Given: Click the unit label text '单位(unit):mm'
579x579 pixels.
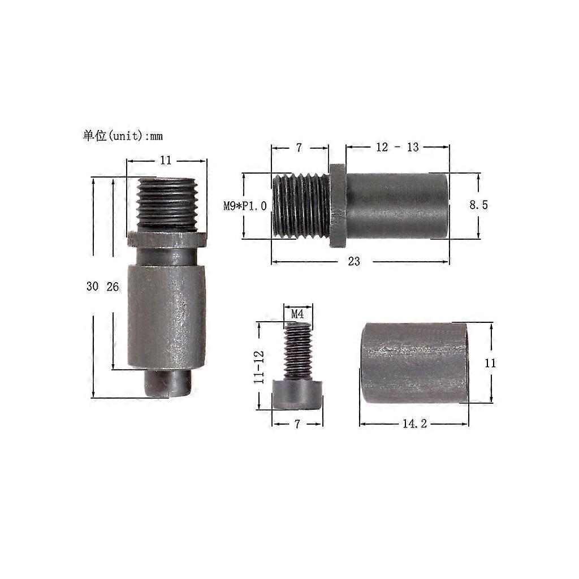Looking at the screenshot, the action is [x=123, y=136].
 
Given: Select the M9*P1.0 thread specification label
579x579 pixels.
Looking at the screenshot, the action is [x=245, y=206].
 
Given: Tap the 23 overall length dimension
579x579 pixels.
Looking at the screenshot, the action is [x=354, y=261].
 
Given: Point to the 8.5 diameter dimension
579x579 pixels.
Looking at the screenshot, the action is [x=478, y=205].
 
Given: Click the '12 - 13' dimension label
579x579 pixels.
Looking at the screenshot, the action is [x=397, y=148].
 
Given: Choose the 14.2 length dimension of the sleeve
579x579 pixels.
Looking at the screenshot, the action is [x=414, y=424].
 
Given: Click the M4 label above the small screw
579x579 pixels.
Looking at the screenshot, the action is [x=297, y=314].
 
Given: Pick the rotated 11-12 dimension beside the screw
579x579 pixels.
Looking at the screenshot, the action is [x=259, y=366].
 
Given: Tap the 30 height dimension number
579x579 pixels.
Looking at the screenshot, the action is [x=92, y=286].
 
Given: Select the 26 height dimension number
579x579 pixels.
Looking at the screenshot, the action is [x=113, y=287].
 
